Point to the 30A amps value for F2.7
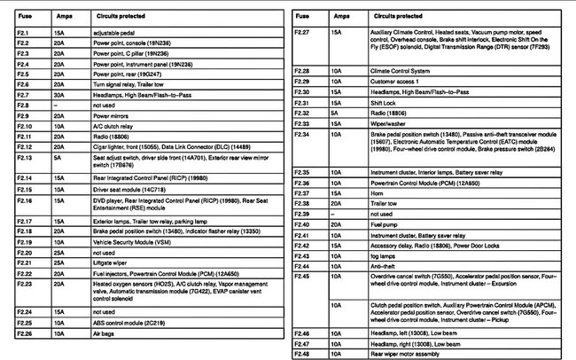[58, 95]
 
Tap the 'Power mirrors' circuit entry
[112, 115]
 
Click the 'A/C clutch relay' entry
[113, 126]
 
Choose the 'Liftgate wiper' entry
[112, 262]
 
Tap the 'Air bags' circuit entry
[105, 333]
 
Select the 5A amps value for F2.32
[334, 113]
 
